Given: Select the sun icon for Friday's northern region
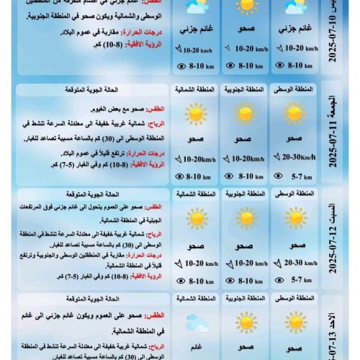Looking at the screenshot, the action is [x=195, y=114].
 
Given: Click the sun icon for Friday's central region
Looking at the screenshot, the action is [x=294, y=114].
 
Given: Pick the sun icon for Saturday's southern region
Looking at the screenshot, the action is [x=245, y=218].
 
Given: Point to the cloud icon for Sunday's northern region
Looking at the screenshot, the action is [x=195, y=322].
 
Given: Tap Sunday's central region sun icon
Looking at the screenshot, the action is [x=294, y=322].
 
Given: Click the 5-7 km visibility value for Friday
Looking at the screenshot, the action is [x=298, y=176].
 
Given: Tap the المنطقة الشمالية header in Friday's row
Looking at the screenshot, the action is [x=195, y=90].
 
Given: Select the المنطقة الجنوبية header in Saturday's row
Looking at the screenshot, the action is [x=245, y=194].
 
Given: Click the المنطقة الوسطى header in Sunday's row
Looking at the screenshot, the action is [x=294, y=297].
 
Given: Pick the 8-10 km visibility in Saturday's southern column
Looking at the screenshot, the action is [x=248, y=280].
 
